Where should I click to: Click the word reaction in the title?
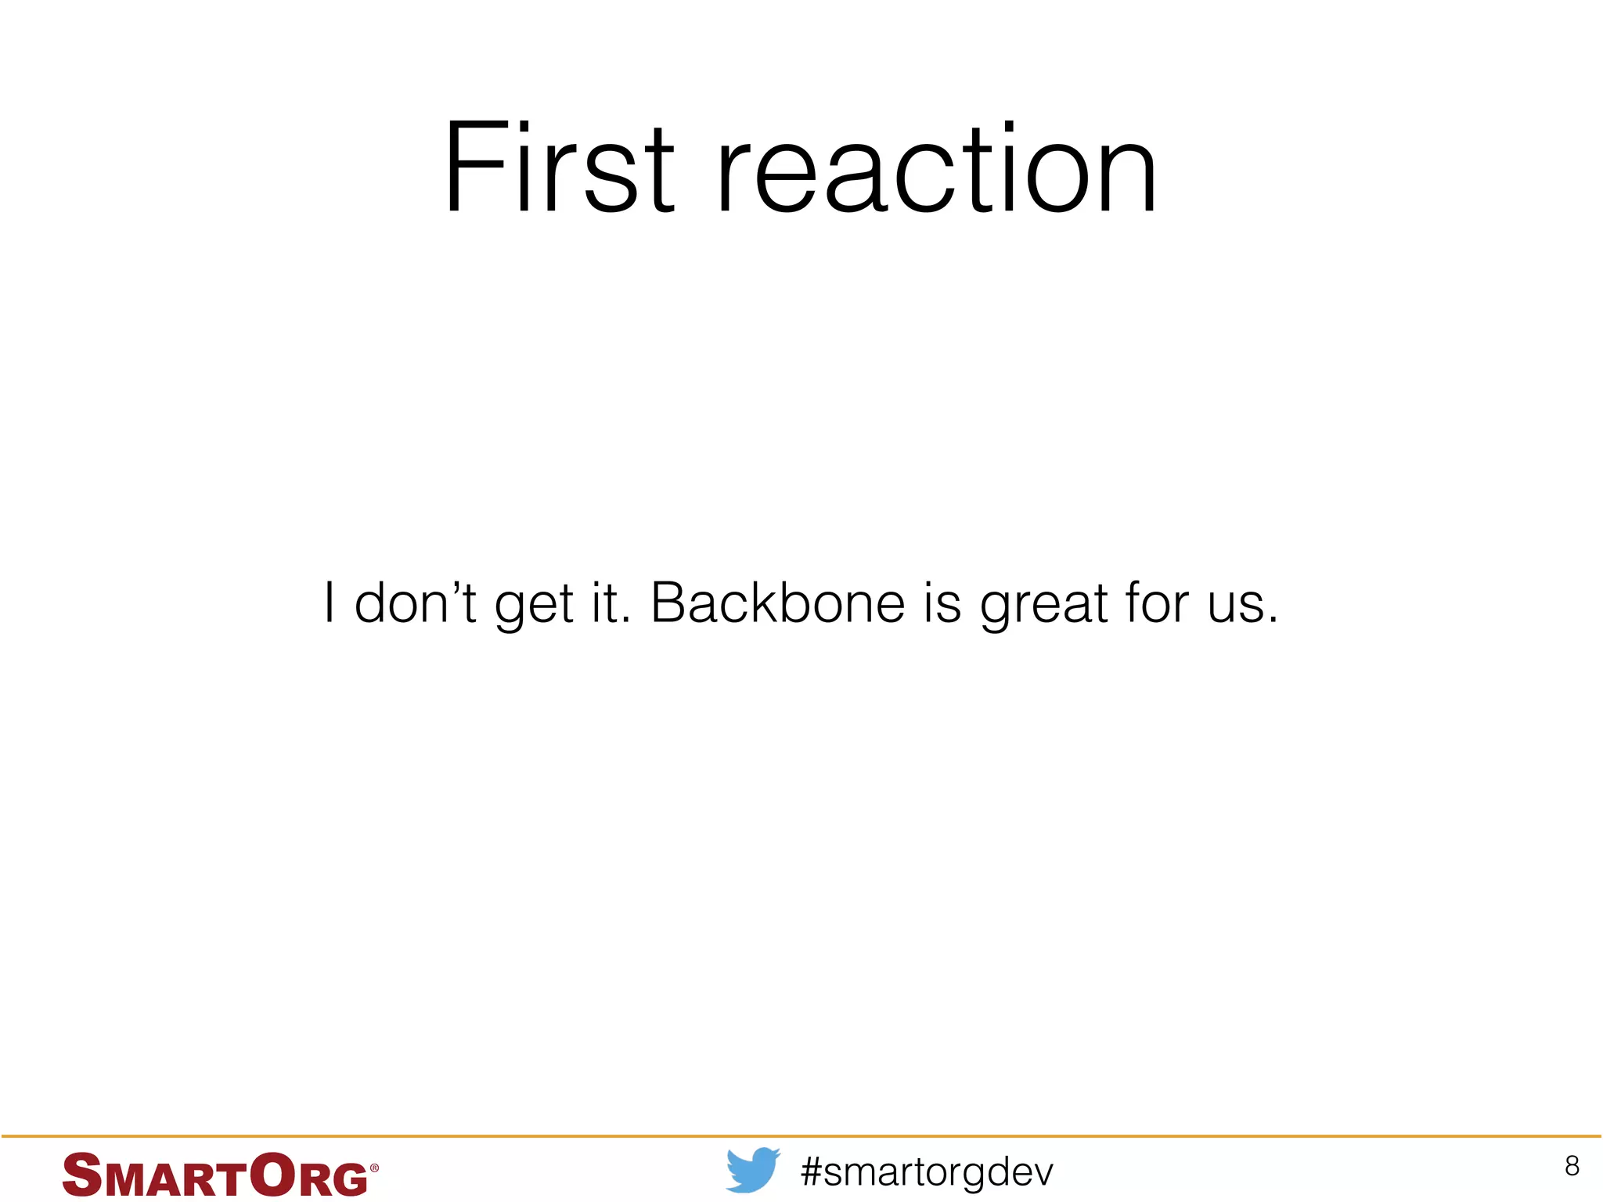pyautogui.click(x=936, y=167)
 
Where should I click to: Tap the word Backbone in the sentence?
pyautogui.click(x=777, y=603)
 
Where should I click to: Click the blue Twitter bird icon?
pyautogui.click(x=753, y=1170)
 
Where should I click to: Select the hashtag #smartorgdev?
pyautogui.click(x=928, y=1172)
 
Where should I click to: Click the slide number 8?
pyautogui.click(x=1572, y=1166)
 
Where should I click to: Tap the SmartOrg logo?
pyautogui.click(x=219, y=1175)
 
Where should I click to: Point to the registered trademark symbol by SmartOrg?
pyautogui.click(x=374, y=1168)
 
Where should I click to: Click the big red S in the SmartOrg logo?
pyautogui.click(x=81, y=1175)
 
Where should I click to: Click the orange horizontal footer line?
pyautogui.click(x=801, y=1135)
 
